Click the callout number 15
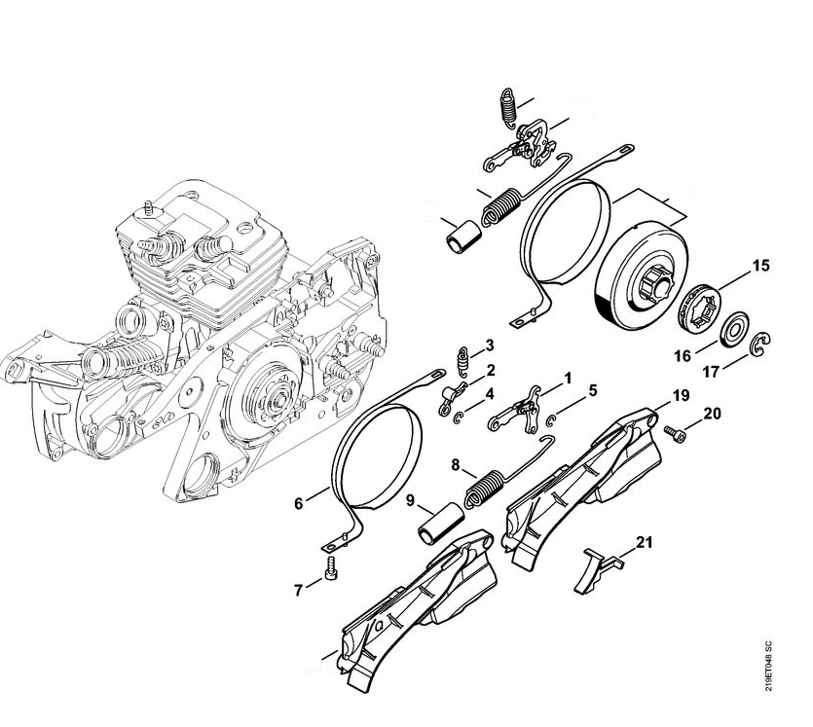point(760,266)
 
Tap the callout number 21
point(644,542)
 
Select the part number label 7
point(298,590)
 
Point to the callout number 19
point(681,396)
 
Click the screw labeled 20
point(674,435)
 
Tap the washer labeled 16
point(731,330)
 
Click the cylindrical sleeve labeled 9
point(440,523)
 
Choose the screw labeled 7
point(331,568)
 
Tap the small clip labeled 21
point(596,568)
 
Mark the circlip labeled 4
point(459,403)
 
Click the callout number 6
point(298,503)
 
